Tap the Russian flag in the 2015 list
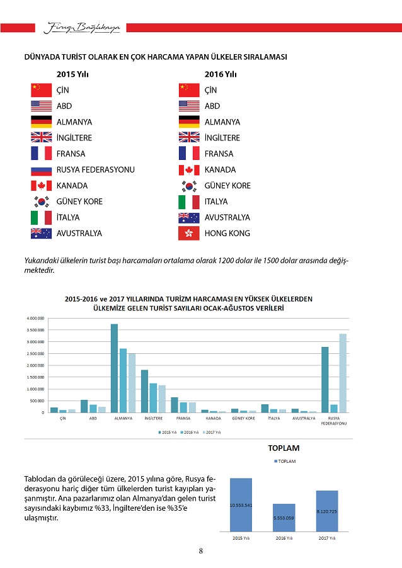pos(41,170)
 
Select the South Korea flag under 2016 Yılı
pos(189,186)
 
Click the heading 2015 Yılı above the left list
pos(72,74)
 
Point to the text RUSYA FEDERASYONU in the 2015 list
pos(95,170)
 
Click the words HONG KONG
pos(227,234)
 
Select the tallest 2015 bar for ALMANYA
pos(114,368)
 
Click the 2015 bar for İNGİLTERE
pos(144,391)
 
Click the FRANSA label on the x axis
pos(183,418)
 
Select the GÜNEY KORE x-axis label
pos(243,418)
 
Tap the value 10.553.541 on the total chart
pos(241,505)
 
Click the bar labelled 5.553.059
pos(284,516)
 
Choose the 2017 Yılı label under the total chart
pos(326,539)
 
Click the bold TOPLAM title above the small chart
pos(284,448)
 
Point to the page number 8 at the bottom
pos(201,552)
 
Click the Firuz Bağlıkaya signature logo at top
pos(83,27)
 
